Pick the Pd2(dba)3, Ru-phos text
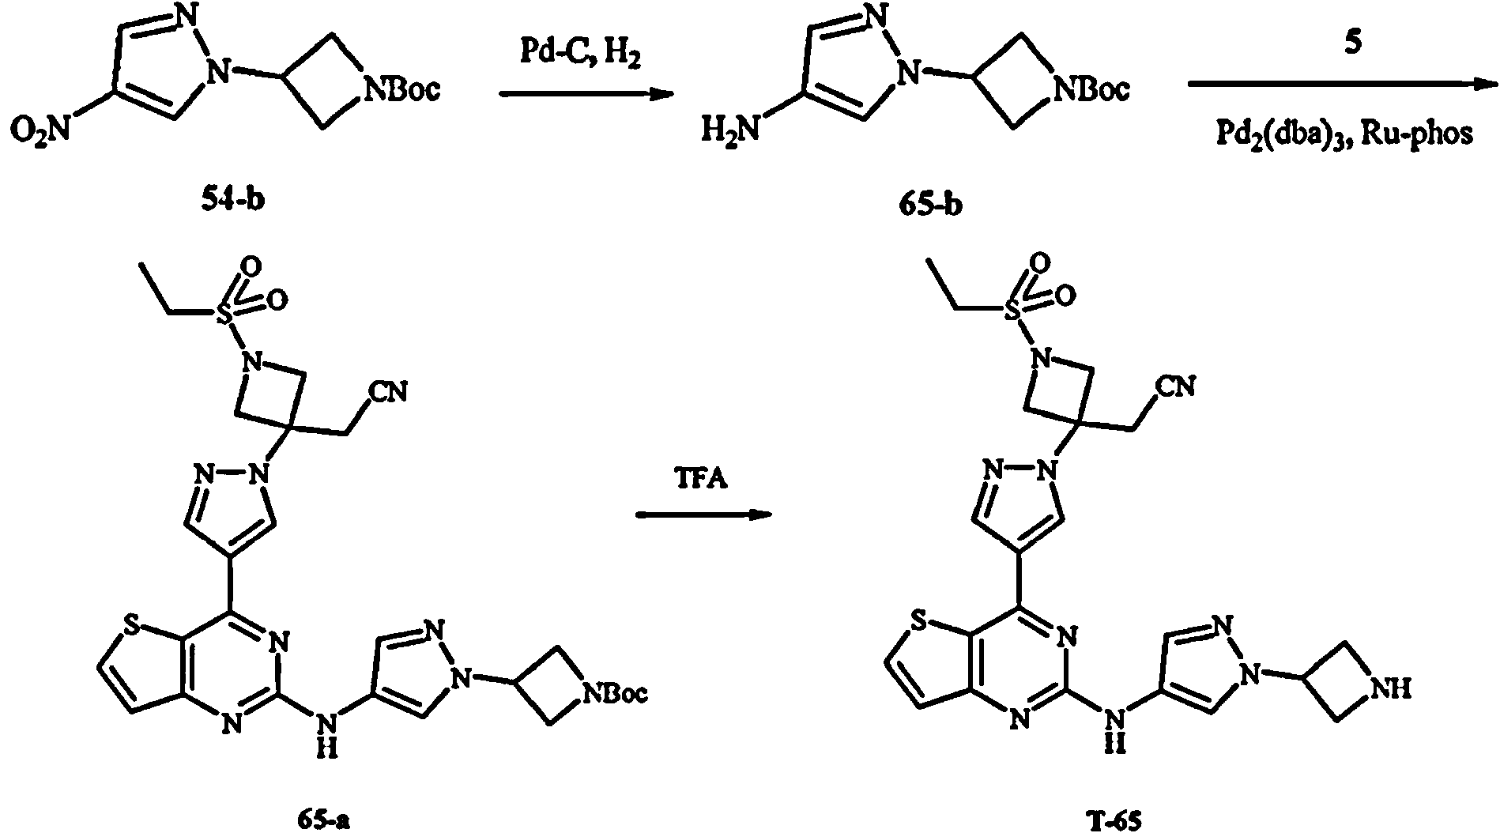click(x=1344, y=135)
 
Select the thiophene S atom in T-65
click(x=918, y=626)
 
